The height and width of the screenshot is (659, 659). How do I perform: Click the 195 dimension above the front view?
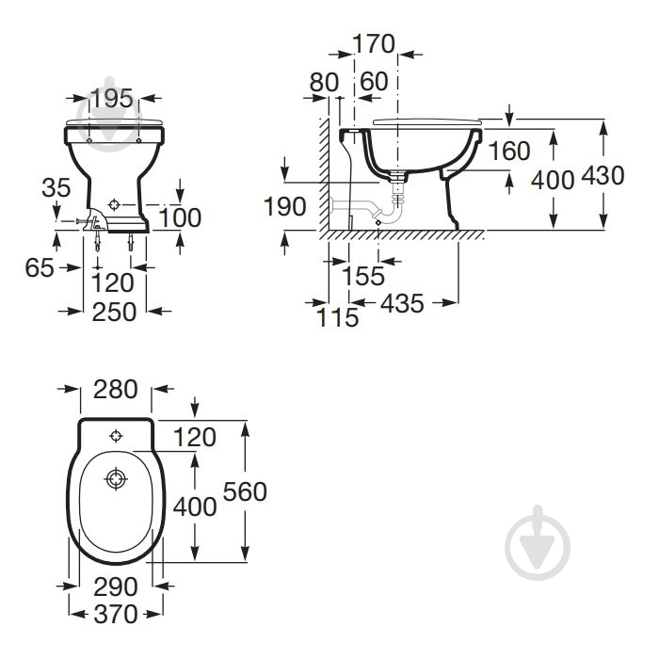coord(112,98)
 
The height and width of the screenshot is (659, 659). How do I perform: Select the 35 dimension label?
coord(56,187)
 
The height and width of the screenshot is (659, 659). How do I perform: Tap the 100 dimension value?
coord(181,217)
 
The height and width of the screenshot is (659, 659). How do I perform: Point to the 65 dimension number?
coord(40,267)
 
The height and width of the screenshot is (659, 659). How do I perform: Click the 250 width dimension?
coord(114,312)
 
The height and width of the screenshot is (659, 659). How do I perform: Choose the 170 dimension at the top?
coord(374,43)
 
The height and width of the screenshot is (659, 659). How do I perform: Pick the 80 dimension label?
coord(324,83)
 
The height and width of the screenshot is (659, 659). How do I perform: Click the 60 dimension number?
coord(374,81)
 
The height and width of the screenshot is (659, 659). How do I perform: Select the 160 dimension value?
coord(509,151)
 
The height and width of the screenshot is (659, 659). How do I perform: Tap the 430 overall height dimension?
coord(603,175)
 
